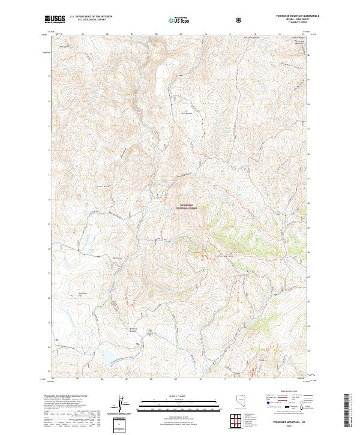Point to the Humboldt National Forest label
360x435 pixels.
tap(187, 207)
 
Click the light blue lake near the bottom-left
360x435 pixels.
tap(110, 359)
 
